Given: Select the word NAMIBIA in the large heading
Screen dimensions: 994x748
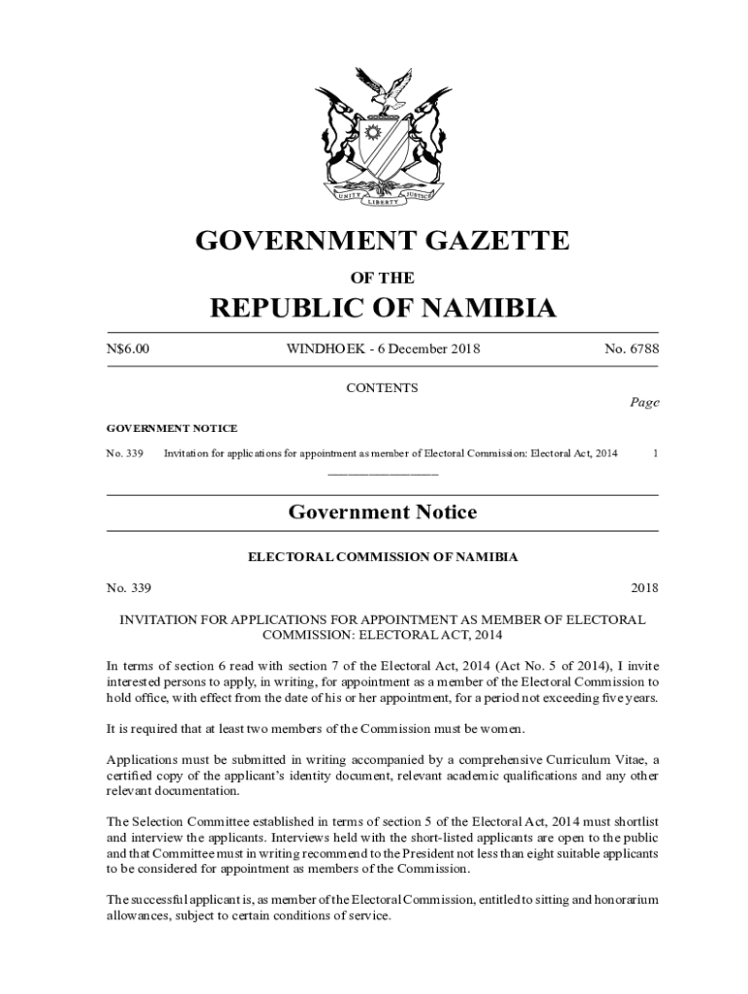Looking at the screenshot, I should coord(477,309).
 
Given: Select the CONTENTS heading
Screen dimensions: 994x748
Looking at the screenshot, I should coord(382,388).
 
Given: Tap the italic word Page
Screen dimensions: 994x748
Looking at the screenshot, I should coord(643,403).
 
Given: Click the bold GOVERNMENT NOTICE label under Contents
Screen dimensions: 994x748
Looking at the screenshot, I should coord(171,428).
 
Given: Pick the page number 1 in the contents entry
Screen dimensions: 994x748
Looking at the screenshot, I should coord(656,452).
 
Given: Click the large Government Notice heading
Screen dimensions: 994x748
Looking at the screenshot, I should coord(382,513).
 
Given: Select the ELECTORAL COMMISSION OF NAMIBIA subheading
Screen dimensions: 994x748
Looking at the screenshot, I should coord(382,557).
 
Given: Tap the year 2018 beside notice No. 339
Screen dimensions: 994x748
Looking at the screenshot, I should coord(644,588).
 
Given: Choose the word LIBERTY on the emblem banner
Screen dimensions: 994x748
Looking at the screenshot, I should coord(383,202).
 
